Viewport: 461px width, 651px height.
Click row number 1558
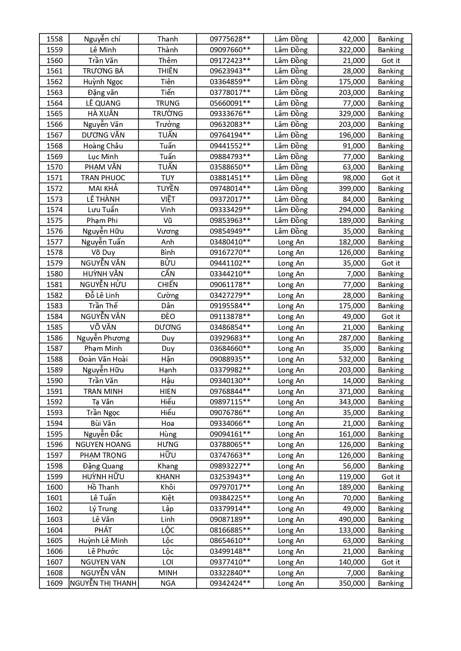click(x=55, y=39)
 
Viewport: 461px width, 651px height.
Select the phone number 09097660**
click(x=230, y=50)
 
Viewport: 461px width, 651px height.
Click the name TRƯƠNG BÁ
click(x=103, y=71)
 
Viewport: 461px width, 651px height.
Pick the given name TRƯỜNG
click(x=168, y=114)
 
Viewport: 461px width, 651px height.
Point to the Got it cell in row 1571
click(x=390, y=178)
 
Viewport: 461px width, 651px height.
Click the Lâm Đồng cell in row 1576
click(x=291, y=231)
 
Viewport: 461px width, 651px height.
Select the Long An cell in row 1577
click(x=291, y=242)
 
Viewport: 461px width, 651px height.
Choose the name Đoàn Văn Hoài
click(x=103, y=359)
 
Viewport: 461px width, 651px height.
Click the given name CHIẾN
click(x=168, y=285)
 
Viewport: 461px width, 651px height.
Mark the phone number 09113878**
click(x=230, y=316)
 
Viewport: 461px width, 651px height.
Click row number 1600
click(x=55, y=487)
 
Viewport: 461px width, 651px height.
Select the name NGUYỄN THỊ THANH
click(x=103, y=583)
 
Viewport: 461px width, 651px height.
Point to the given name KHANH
click(x=168, y=477)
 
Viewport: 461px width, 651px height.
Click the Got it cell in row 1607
click(x=390, y=562)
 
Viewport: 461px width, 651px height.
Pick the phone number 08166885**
click(x=230, y=530)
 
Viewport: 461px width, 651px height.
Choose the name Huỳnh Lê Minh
click(x=103, y=540)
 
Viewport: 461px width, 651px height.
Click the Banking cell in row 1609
click(x=390, y=583)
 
